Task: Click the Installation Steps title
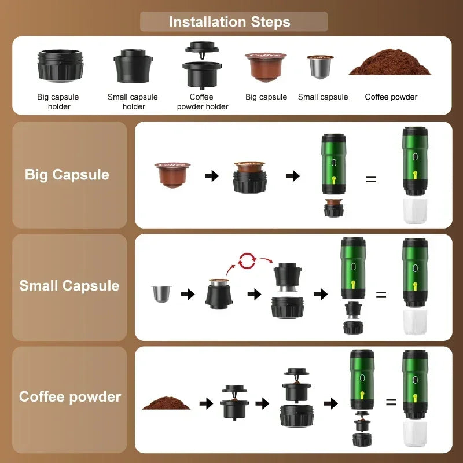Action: [230, 22]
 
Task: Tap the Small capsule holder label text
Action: [133, 101]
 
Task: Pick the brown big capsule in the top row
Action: [266, 66]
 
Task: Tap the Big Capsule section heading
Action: [67, 175]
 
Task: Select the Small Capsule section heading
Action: [69, 286]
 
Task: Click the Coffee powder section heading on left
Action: [70, 397]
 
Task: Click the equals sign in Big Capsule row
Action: [371, 179]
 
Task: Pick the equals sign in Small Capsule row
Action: [381, 294]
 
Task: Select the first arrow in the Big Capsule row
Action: [212, 175]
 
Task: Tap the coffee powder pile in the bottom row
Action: [166, 403]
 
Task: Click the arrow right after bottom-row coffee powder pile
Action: [205, 403]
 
